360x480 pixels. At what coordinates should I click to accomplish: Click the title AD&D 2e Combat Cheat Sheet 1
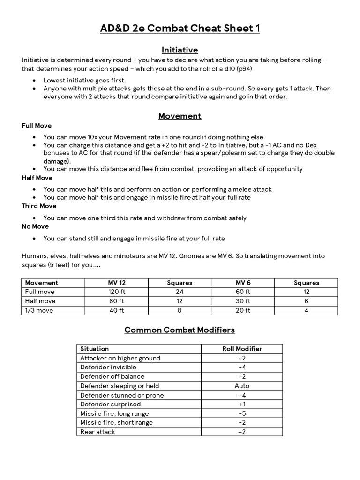tap(180, 29)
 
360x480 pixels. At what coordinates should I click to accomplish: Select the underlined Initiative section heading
tap(180, 50)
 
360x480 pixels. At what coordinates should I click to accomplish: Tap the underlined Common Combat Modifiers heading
tap(180, 330)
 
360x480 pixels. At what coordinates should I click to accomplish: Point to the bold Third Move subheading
tap(39, 206)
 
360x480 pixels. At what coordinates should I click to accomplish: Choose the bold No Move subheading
tap(35, 226)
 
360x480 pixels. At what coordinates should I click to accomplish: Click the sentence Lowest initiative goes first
tap(85, 80)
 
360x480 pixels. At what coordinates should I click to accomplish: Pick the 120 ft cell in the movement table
tap(116, 292)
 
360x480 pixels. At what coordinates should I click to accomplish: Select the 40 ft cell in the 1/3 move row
tap(116, 310)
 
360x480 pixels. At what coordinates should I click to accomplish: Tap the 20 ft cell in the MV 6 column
tap(243, 310)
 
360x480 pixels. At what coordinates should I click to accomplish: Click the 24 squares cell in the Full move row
tap(180, 292)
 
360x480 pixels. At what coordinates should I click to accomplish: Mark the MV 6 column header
tap(243, 283)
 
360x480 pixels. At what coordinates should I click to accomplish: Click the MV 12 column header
tap(116, 283)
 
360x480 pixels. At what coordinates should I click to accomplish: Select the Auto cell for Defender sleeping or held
tap(242, 386)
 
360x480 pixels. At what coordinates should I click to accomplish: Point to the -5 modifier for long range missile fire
tap(242, 413)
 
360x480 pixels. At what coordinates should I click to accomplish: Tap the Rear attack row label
tap(97, 432)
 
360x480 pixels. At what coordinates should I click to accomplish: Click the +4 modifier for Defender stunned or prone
tap(242, 395)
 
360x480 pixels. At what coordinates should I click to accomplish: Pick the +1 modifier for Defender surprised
tap(242, 404)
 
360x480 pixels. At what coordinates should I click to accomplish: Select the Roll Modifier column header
tap(242, 349)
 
